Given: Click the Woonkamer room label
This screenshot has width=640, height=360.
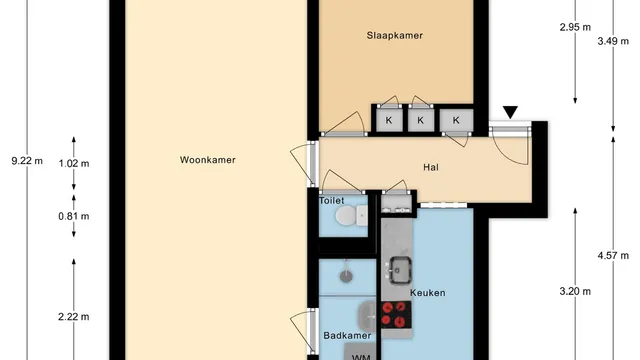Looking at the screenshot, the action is point(208,160).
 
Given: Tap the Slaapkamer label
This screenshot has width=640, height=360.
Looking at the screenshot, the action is point(395,36).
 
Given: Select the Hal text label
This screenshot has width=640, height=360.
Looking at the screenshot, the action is point(431,167).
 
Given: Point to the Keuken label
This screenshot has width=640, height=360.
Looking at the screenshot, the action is point(428,293).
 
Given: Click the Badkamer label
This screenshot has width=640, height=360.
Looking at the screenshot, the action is point(347,336).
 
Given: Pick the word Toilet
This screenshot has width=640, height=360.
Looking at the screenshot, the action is point(331,200).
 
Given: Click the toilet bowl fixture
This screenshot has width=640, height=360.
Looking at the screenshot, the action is point(351,215).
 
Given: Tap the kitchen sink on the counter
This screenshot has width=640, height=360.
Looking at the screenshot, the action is point(400,270).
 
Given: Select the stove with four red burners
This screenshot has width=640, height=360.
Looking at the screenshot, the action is point(396,315).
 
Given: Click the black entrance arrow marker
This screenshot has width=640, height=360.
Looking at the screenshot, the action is point(510,112).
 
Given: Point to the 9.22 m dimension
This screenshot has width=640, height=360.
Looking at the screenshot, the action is point(27,161).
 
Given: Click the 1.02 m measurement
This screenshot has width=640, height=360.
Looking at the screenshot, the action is point(74,164).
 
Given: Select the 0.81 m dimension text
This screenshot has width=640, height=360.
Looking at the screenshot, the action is point(74,216).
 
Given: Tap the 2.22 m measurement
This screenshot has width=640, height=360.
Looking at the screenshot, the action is point(74,317).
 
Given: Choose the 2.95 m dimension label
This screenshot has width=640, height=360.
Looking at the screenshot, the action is point(575,27).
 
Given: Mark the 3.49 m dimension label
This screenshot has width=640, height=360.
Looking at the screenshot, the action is point(613,41).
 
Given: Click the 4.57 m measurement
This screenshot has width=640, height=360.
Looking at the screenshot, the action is point(613,256).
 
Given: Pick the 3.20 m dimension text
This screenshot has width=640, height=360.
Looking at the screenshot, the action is point(575,291).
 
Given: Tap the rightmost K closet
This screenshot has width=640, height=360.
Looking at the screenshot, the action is point(456,120).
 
